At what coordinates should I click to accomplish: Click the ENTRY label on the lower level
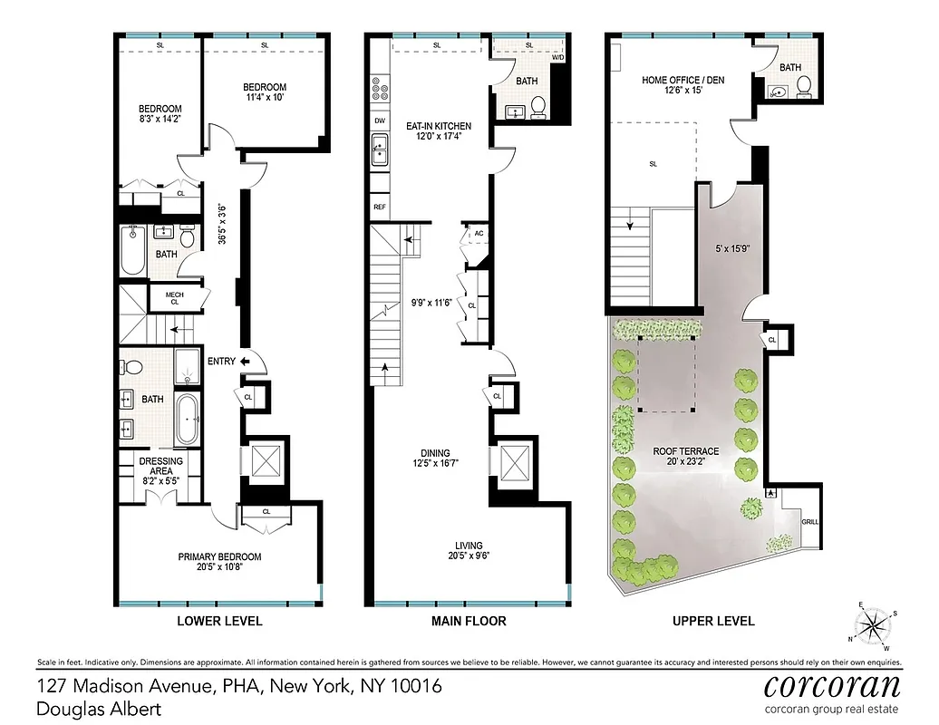pos(221,362)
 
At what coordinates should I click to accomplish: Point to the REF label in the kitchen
pos(380,208)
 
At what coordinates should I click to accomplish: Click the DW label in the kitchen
pos(379,121)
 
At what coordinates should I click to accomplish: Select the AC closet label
pos(479,234)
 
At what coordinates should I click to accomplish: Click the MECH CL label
pos(175,297)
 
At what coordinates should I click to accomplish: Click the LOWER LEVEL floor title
pos(219,621)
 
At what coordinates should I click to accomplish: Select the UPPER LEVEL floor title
pos(713,621)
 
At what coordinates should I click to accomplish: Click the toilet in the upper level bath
pos(803,87)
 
